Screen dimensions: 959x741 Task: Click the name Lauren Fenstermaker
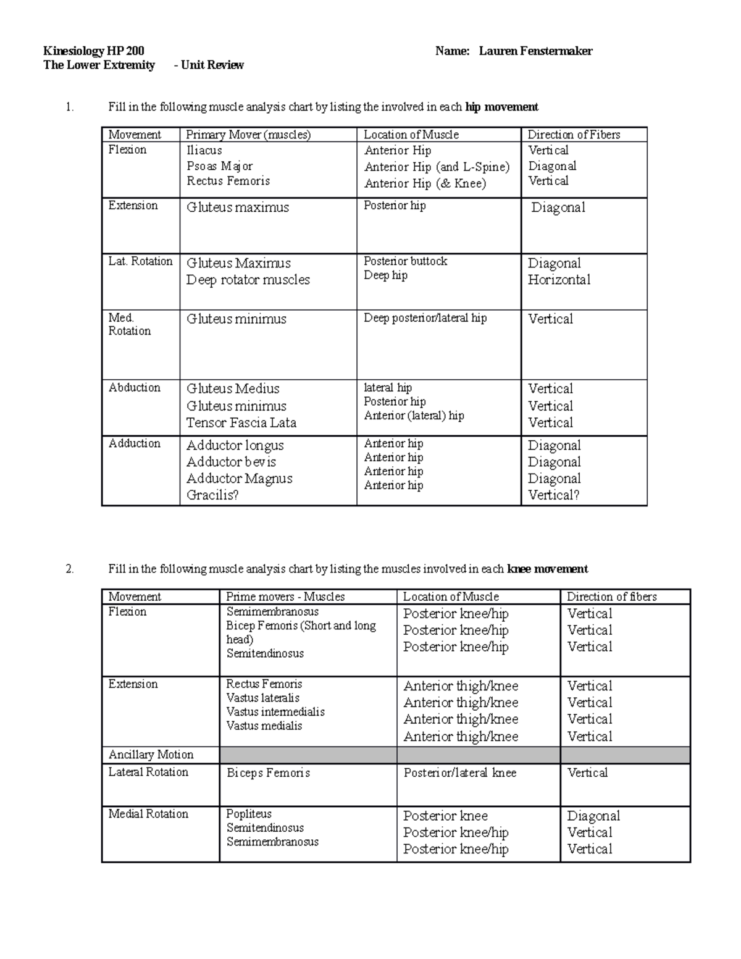(535, 51)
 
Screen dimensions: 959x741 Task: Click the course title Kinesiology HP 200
(94, 51)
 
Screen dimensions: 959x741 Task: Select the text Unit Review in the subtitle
(212, 65)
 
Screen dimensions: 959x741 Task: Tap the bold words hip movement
(501, 107)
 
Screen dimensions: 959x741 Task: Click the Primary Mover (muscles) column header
(248, 135)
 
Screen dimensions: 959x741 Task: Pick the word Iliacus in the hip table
(204, 150)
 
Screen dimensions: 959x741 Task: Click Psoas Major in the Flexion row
(219, 165)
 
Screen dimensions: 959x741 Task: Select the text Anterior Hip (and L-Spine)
(437, 167)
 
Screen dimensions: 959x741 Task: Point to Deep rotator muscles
(248, 280)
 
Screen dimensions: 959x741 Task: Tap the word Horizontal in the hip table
(559, 280)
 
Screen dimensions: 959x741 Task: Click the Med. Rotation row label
(129, 324)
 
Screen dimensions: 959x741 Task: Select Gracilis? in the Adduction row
(212, 495)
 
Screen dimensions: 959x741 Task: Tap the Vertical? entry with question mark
(553, 495)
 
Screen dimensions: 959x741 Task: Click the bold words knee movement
(547, 569)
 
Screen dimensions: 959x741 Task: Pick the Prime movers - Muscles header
(285, 597)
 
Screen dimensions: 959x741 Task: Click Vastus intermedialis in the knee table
(275, 712)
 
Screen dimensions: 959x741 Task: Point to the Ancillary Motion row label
(151, 755)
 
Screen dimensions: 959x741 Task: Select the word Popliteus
(248, 814)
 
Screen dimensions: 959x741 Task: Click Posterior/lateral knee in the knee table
(460, 773)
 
